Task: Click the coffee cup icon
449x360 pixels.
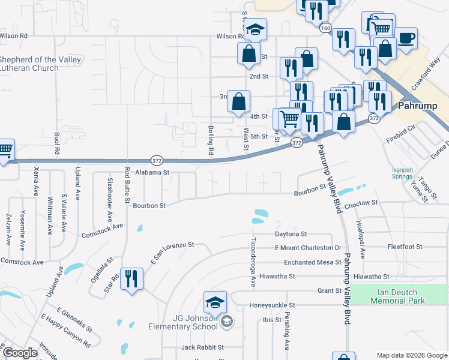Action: (406, 37)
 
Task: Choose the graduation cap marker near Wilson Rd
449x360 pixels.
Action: (255, 29)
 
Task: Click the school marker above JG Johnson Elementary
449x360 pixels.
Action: (215, 302)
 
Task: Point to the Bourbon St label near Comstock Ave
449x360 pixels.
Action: (149, 205)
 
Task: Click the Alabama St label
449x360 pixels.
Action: (153, 172)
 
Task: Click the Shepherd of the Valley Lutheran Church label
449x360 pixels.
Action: (29, 64)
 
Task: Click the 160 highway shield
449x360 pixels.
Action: (325, 28)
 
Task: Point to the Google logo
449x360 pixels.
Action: (20, 353)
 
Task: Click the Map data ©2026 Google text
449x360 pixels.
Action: (411, 355)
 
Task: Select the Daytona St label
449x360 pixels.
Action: (291, 233)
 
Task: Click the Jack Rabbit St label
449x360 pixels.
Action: (202, 347)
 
